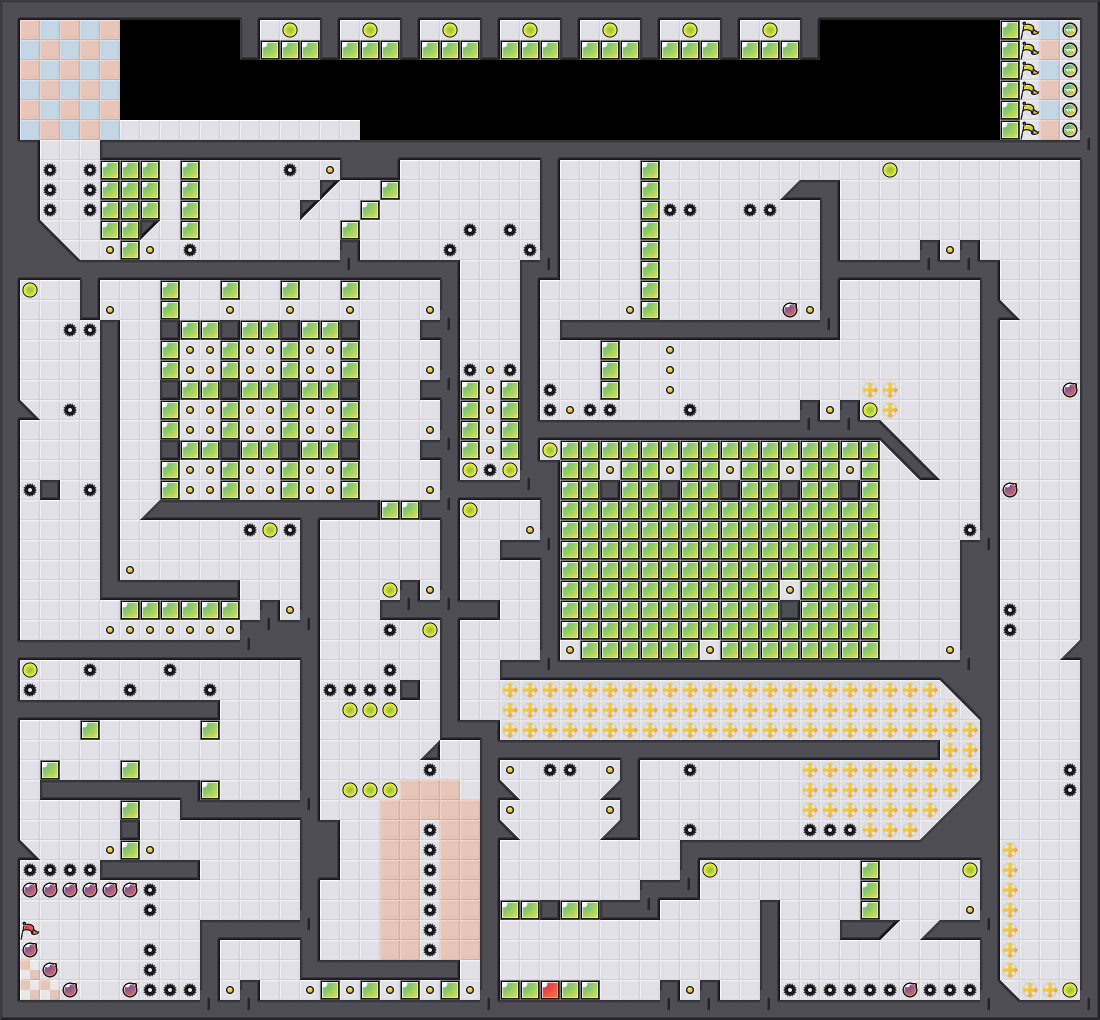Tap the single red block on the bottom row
(x=549, y=990)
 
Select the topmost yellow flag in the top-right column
(x=1029, y=30)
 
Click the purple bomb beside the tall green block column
(x=790, y=309)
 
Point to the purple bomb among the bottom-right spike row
(x=909, y=990)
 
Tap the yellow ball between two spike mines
(x=270, y=530)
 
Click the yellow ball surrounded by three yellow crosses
(x=870, y=410)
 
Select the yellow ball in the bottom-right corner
(x=1069, y=990)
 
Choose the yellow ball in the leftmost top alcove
(x=290, y=30)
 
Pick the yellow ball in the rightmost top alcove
(x=770, y=30)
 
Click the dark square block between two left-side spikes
(x=49, y=489)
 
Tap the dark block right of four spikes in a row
(x=409, y=690)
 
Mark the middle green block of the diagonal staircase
(x=370, y=209)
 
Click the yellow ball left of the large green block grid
(x=549, y=450)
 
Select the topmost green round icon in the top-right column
(x=1069, y=30)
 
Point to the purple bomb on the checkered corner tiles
(x=49, y=970)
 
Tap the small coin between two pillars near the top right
(x=950, y=250)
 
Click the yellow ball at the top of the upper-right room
(x=889, y=170)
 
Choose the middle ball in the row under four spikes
(x=370, y=710)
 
